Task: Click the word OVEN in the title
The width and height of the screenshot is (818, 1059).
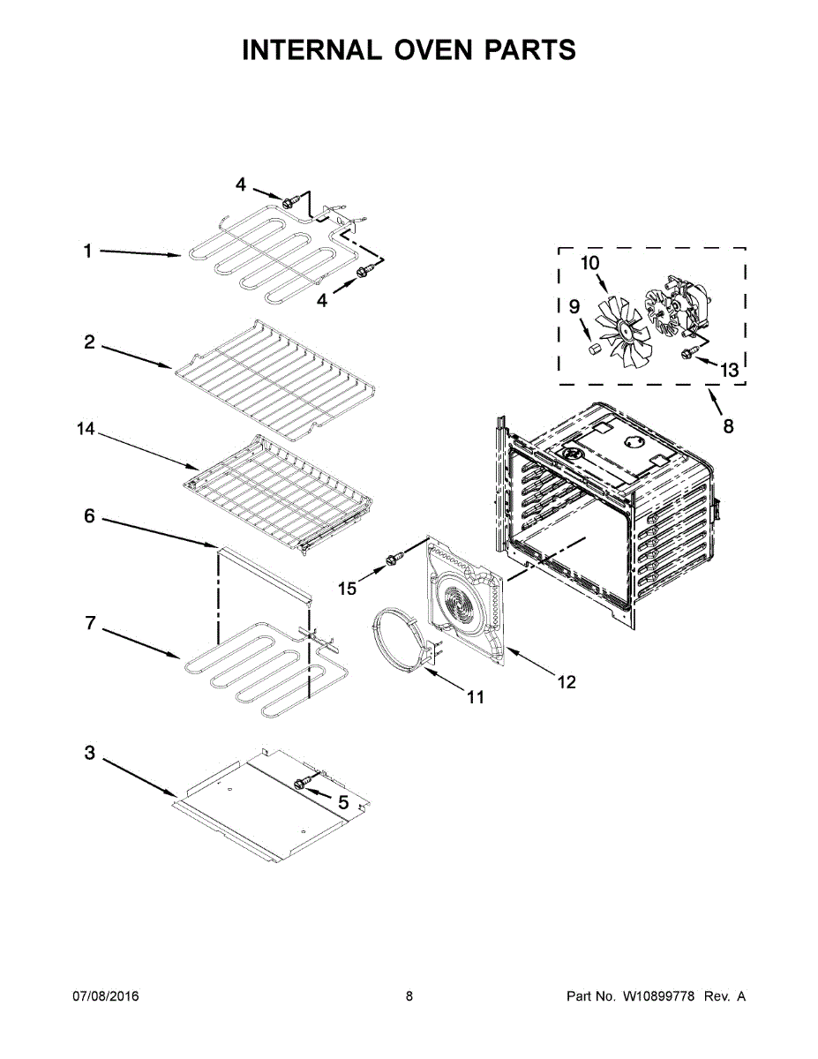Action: [424, 50]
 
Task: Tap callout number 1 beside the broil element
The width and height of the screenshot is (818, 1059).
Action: [87, 252]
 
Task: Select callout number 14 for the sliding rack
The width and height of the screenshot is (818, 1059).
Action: [85, 429]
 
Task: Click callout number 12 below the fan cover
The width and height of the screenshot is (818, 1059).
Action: [566, 681]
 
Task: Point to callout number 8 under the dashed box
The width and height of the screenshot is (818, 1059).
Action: [728, 426]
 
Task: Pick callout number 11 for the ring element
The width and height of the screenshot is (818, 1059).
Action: [476, 697]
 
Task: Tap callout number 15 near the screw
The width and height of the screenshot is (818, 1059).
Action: [349, 588]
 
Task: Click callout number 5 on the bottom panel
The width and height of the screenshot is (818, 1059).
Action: [343, 802]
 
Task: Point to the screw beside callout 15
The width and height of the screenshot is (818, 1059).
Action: [394, 559]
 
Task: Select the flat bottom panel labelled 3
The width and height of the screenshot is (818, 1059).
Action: [265, 803]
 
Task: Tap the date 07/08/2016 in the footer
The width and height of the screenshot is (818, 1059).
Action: [105, 996]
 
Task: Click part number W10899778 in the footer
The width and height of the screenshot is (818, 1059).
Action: [659, 996]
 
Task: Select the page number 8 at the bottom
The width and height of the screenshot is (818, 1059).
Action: [409, 996]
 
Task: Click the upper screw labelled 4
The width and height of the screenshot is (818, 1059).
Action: [289, 203]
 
